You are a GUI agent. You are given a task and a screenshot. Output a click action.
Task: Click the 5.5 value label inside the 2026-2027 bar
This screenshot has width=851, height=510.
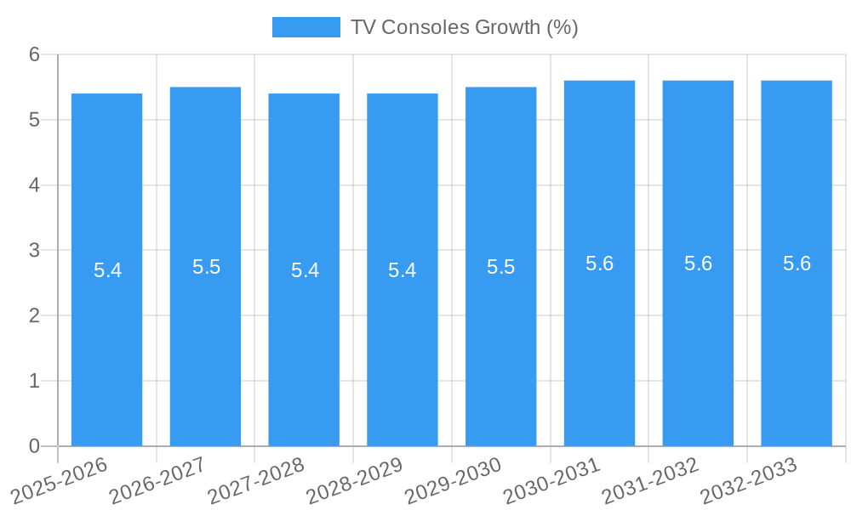tap(206, 267)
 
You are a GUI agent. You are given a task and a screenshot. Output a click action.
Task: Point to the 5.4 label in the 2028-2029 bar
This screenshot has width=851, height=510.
tap(402, 270)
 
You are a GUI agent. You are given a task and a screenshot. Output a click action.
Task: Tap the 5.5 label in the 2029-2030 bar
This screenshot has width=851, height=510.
tap(500, 267)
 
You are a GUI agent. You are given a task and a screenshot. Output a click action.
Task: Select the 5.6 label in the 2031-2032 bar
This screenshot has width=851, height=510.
tap(698, 263)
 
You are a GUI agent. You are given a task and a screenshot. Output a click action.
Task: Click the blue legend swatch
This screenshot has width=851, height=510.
tap(306, 27)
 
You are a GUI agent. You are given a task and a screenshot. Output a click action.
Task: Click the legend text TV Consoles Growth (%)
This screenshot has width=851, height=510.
tap(464, 27)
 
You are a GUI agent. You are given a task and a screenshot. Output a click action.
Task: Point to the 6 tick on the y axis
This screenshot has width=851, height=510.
tap(34, 54)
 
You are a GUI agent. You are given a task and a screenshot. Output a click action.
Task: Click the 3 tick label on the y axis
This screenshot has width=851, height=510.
tap(34, 251)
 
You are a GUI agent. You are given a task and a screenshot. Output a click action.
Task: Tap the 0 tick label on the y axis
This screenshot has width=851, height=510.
tap(34, 446)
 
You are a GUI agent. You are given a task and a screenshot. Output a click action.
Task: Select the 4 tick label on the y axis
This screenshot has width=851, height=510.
tap(34, 185)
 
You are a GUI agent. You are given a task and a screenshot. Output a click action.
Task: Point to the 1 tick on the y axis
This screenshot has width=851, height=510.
tap(34, 381)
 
